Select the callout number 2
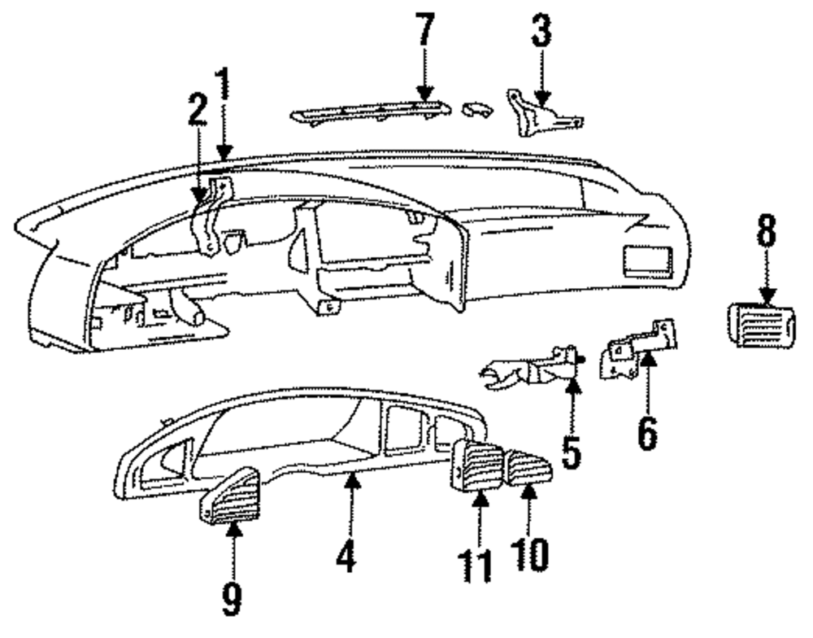click(195, 120)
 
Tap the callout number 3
click(541, 33)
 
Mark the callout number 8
click(766, 238)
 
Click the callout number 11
click(478, 564)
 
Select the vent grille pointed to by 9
click(229, 494)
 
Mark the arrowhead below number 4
click(350, 483)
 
